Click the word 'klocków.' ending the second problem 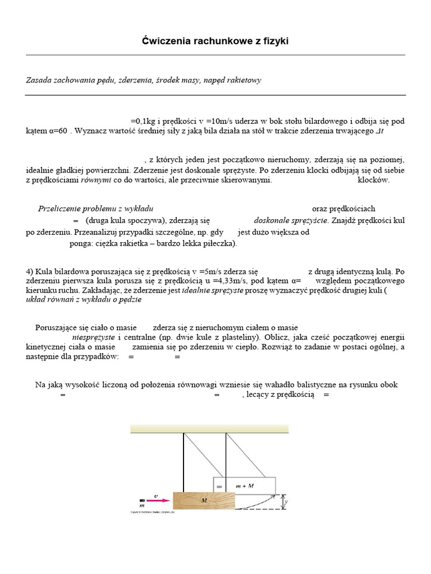point(373,180)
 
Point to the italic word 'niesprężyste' point(94,337)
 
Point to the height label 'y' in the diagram point(286,503)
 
